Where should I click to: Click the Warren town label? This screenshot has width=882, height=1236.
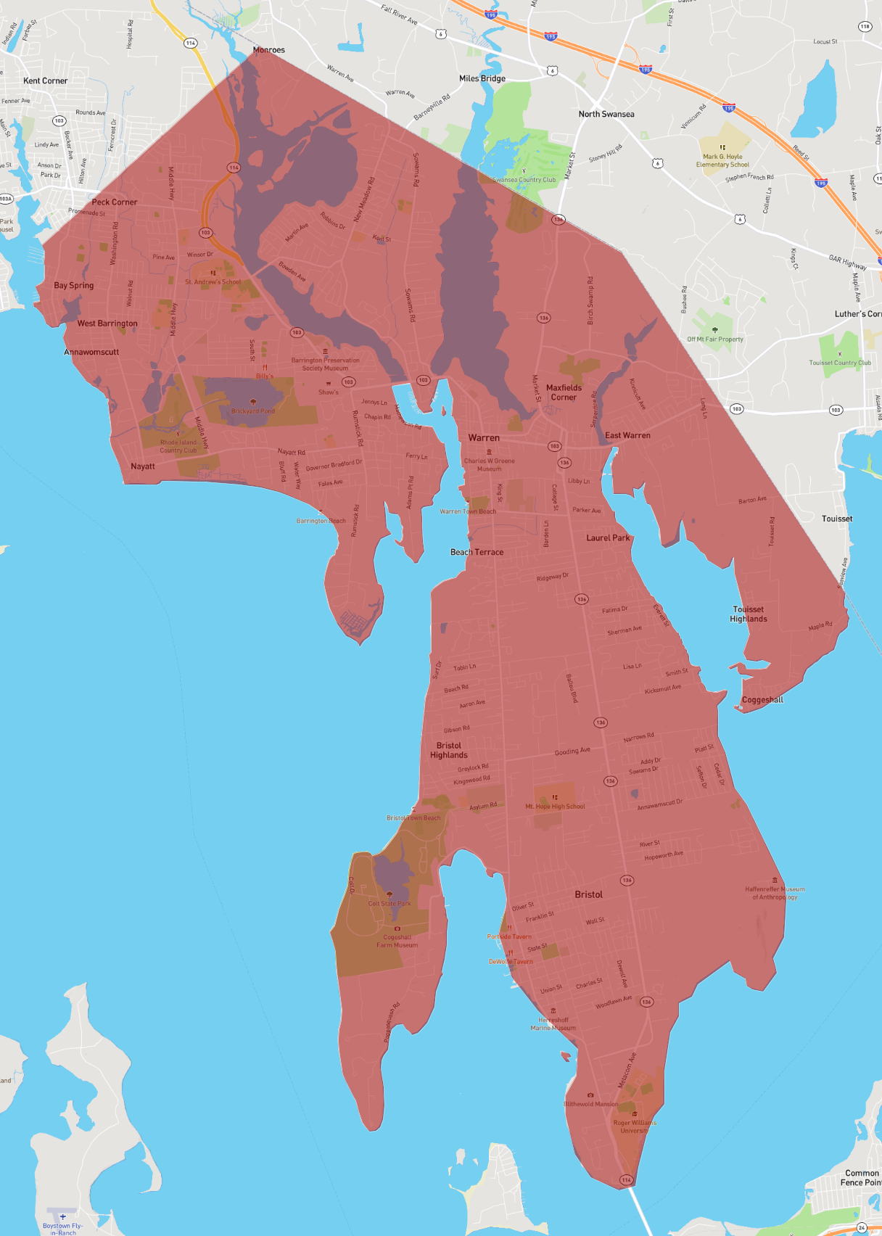tap(484, 438)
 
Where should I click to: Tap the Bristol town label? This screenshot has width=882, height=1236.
tap(588, 894)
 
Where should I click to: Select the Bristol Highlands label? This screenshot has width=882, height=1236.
tap(448, 750)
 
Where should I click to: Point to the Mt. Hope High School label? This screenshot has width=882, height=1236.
tap(555, 806)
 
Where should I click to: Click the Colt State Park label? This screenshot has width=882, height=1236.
tap(389, 903)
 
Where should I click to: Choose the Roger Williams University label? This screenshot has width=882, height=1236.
tap(635, 1126)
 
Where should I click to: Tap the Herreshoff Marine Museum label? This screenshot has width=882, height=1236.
tap(553, 1023)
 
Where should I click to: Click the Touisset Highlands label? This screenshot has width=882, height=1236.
tap(748, 614)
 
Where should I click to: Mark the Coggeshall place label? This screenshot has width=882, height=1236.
tap(762, 700)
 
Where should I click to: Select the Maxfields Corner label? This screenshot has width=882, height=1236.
tap(564, 392)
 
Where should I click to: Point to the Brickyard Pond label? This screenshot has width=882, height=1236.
tap(253, 411)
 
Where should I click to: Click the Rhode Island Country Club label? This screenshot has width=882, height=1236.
tap(178, 446)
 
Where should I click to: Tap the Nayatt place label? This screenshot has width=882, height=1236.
tap(143, 466)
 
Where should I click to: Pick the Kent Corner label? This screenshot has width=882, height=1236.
tap(45, 81)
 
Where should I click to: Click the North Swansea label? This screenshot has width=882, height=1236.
tap(606, 114)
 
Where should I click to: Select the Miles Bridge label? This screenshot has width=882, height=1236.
tap(482, 78)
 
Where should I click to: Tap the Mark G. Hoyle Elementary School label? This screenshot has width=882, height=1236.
tap(722, 160)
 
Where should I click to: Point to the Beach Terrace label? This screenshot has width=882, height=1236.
tap(477, 552)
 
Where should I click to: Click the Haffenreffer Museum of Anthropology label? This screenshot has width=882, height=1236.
tap(775, 893)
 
